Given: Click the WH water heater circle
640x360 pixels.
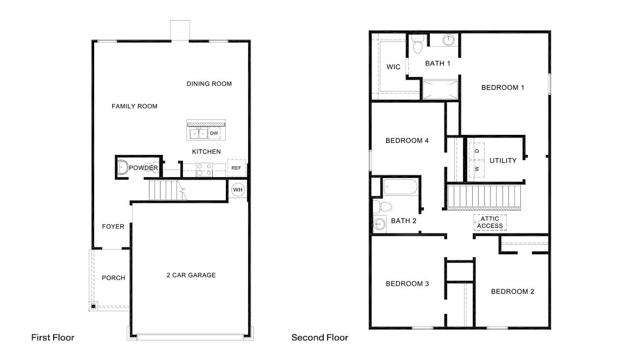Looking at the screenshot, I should click(x=238, y=190).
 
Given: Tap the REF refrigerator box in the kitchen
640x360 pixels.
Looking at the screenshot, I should click(x=236, y=168).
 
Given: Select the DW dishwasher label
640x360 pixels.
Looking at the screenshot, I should click(x=214, y=133).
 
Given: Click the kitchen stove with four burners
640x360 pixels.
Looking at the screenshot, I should click(x=204, y=169).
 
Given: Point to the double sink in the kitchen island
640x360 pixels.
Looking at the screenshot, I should click(x=198, y=133).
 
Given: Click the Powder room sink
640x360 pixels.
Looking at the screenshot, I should click(x=123, y=168).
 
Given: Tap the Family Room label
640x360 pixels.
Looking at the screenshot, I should click(x=134, y=106).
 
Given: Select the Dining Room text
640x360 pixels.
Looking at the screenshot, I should click(x=209, y=84).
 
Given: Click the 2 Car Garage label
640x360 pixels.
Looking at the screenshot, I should click(x=191, y=275).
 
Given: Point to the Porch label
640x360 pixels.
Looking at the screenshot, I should click(x=113, y=278).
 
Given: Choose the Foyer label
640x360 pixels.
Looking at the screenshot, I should click(x=113, y=226).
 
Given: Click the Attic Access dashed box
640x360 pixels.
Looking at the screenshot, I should click(x=490, y=222).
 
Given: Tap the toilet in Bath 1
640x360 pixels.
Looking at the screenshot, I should click(x=416, y=47).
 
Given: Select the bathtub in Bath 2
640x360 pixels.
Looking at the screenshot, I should click(x=401, y=188).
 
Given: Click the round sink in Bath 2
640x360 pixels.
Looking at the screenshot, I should click(x=378, y=223).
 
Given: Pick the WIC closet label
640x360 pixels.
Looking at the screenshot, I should click(x=394, y=67).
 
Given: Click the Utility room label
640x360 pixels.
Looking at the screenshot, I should click(x=503, y=160).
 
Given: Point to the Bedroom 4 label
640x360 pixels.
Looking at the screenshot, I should click(x=407, y=141).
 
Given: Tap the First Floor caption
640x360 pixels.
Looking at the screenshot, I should click(x=53, y=337).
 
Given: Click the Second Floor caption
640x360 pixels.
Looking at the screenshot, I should click(x=319, y=337).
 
